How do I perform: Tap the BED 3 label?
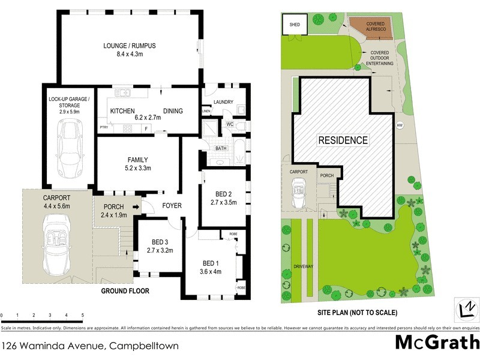[x=160, y=242]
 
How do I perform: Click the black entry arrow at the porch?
[x=136, y=208]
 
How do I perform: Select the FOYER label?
[x=172, y=206]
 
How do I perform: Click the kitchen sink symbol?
[x=124, y=92]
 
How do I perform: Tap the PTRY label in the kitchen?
[x=104, y=127]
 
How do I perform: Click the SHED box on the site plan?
[x=294, y=25]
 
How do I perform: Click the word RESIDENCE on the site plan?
[x=343, y=140]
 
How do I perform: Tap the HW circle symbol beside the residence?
[x=400, y=125]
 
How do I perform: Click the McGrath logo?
[x=437, y=342]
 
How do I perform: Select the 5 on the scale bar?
[x=82, y=315]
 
